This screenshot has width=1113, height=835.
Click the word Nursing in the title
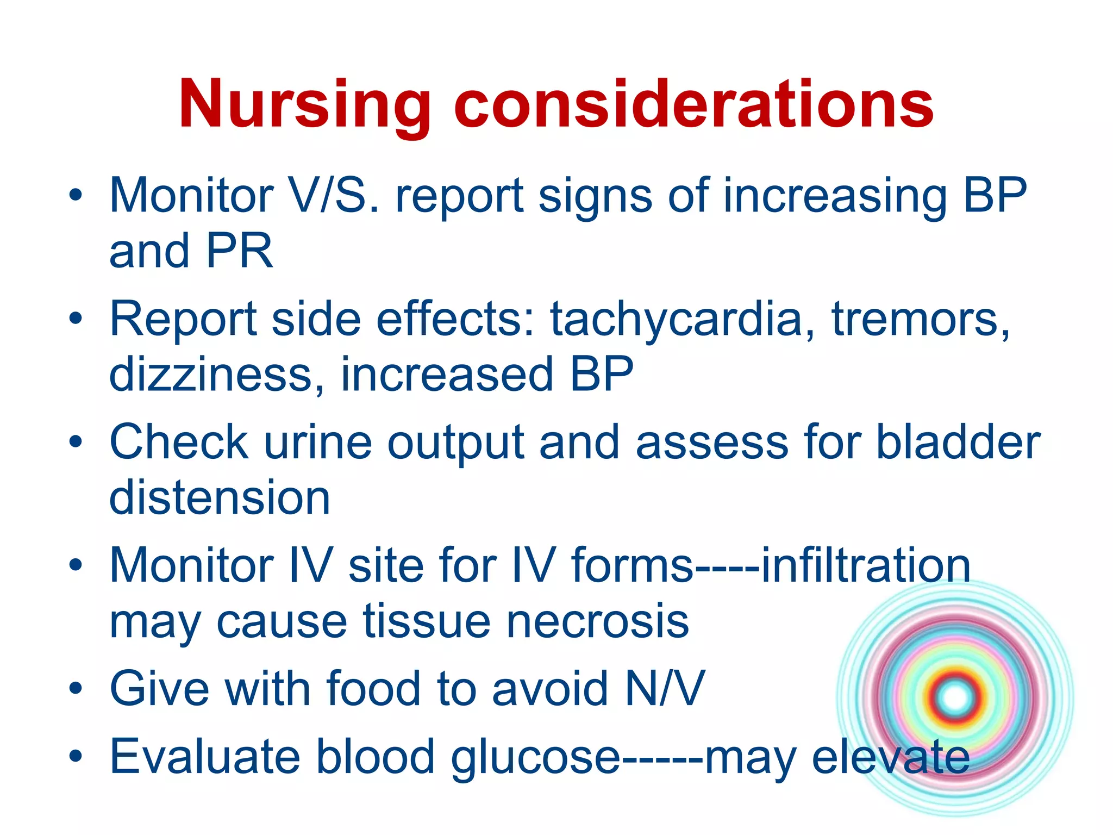304,104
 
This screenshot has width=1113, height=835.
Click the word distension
220,498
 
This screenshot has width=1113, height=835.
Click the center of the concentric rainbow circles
955,697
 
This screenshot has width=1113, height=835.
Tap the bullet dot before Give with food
76,689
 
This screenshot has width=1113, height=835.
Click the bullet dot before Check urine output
76,442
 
